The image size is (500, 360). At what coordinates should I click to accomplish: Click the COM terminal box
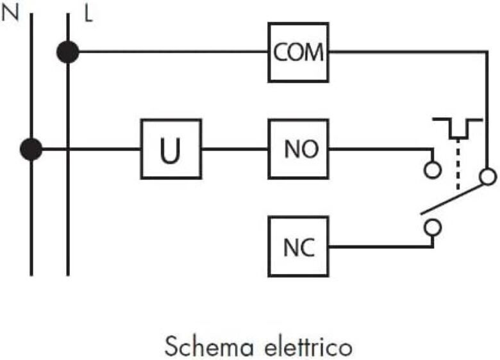(299, 52)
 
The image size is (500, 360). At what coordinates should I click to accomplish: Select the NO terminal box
(299, 150)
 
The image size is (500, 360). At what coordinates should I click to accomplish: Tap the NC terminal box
(299, 247)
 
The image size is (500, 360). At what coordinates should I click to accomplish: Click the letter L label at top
(88, 13)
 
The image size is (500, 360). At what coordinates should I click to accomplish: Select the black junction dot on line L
(67, 52)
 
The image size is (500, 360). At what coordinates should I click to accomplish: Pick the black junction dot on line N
(30, 149)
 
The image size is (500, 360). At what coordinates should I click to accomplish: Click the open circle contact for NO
(433, 169)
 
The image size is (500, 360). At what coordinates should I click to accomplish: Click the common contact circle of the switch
(488, 176)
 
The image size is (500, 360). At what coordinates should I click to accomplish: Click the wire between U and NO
(235, 150)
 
